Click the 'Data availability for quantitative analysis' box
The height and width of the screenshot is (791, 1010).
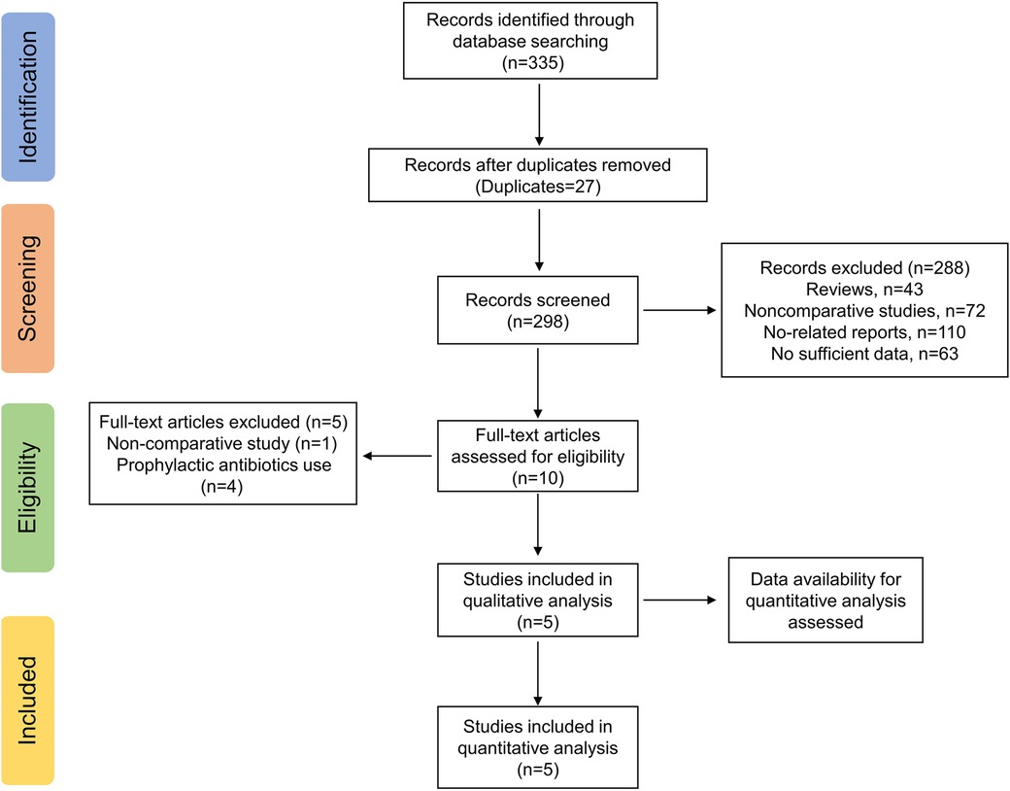825,601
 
